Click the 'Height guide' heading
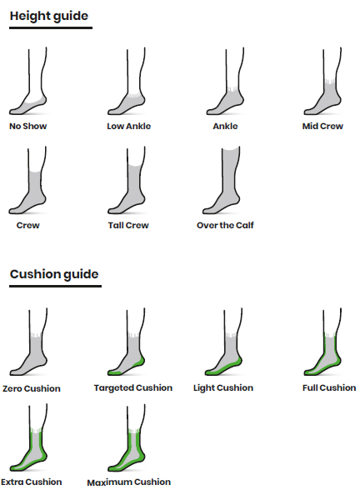point(49,16)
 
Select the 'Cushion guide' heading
point(54,274)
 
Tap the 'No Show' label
point(28,127)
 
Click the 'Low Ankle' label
point(129,127)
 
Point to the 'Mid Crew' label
point(322,127)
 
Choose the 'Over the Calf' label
point(225,225)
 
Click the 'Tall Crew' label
point(128,225)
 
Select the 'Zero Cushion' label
point(32,388)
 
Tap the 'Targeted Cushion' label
point(133,388)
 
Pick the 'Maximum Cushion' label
point(129,482)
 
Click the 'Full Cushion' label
point(329,388)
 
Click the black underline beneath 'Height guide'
point(51,28)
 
